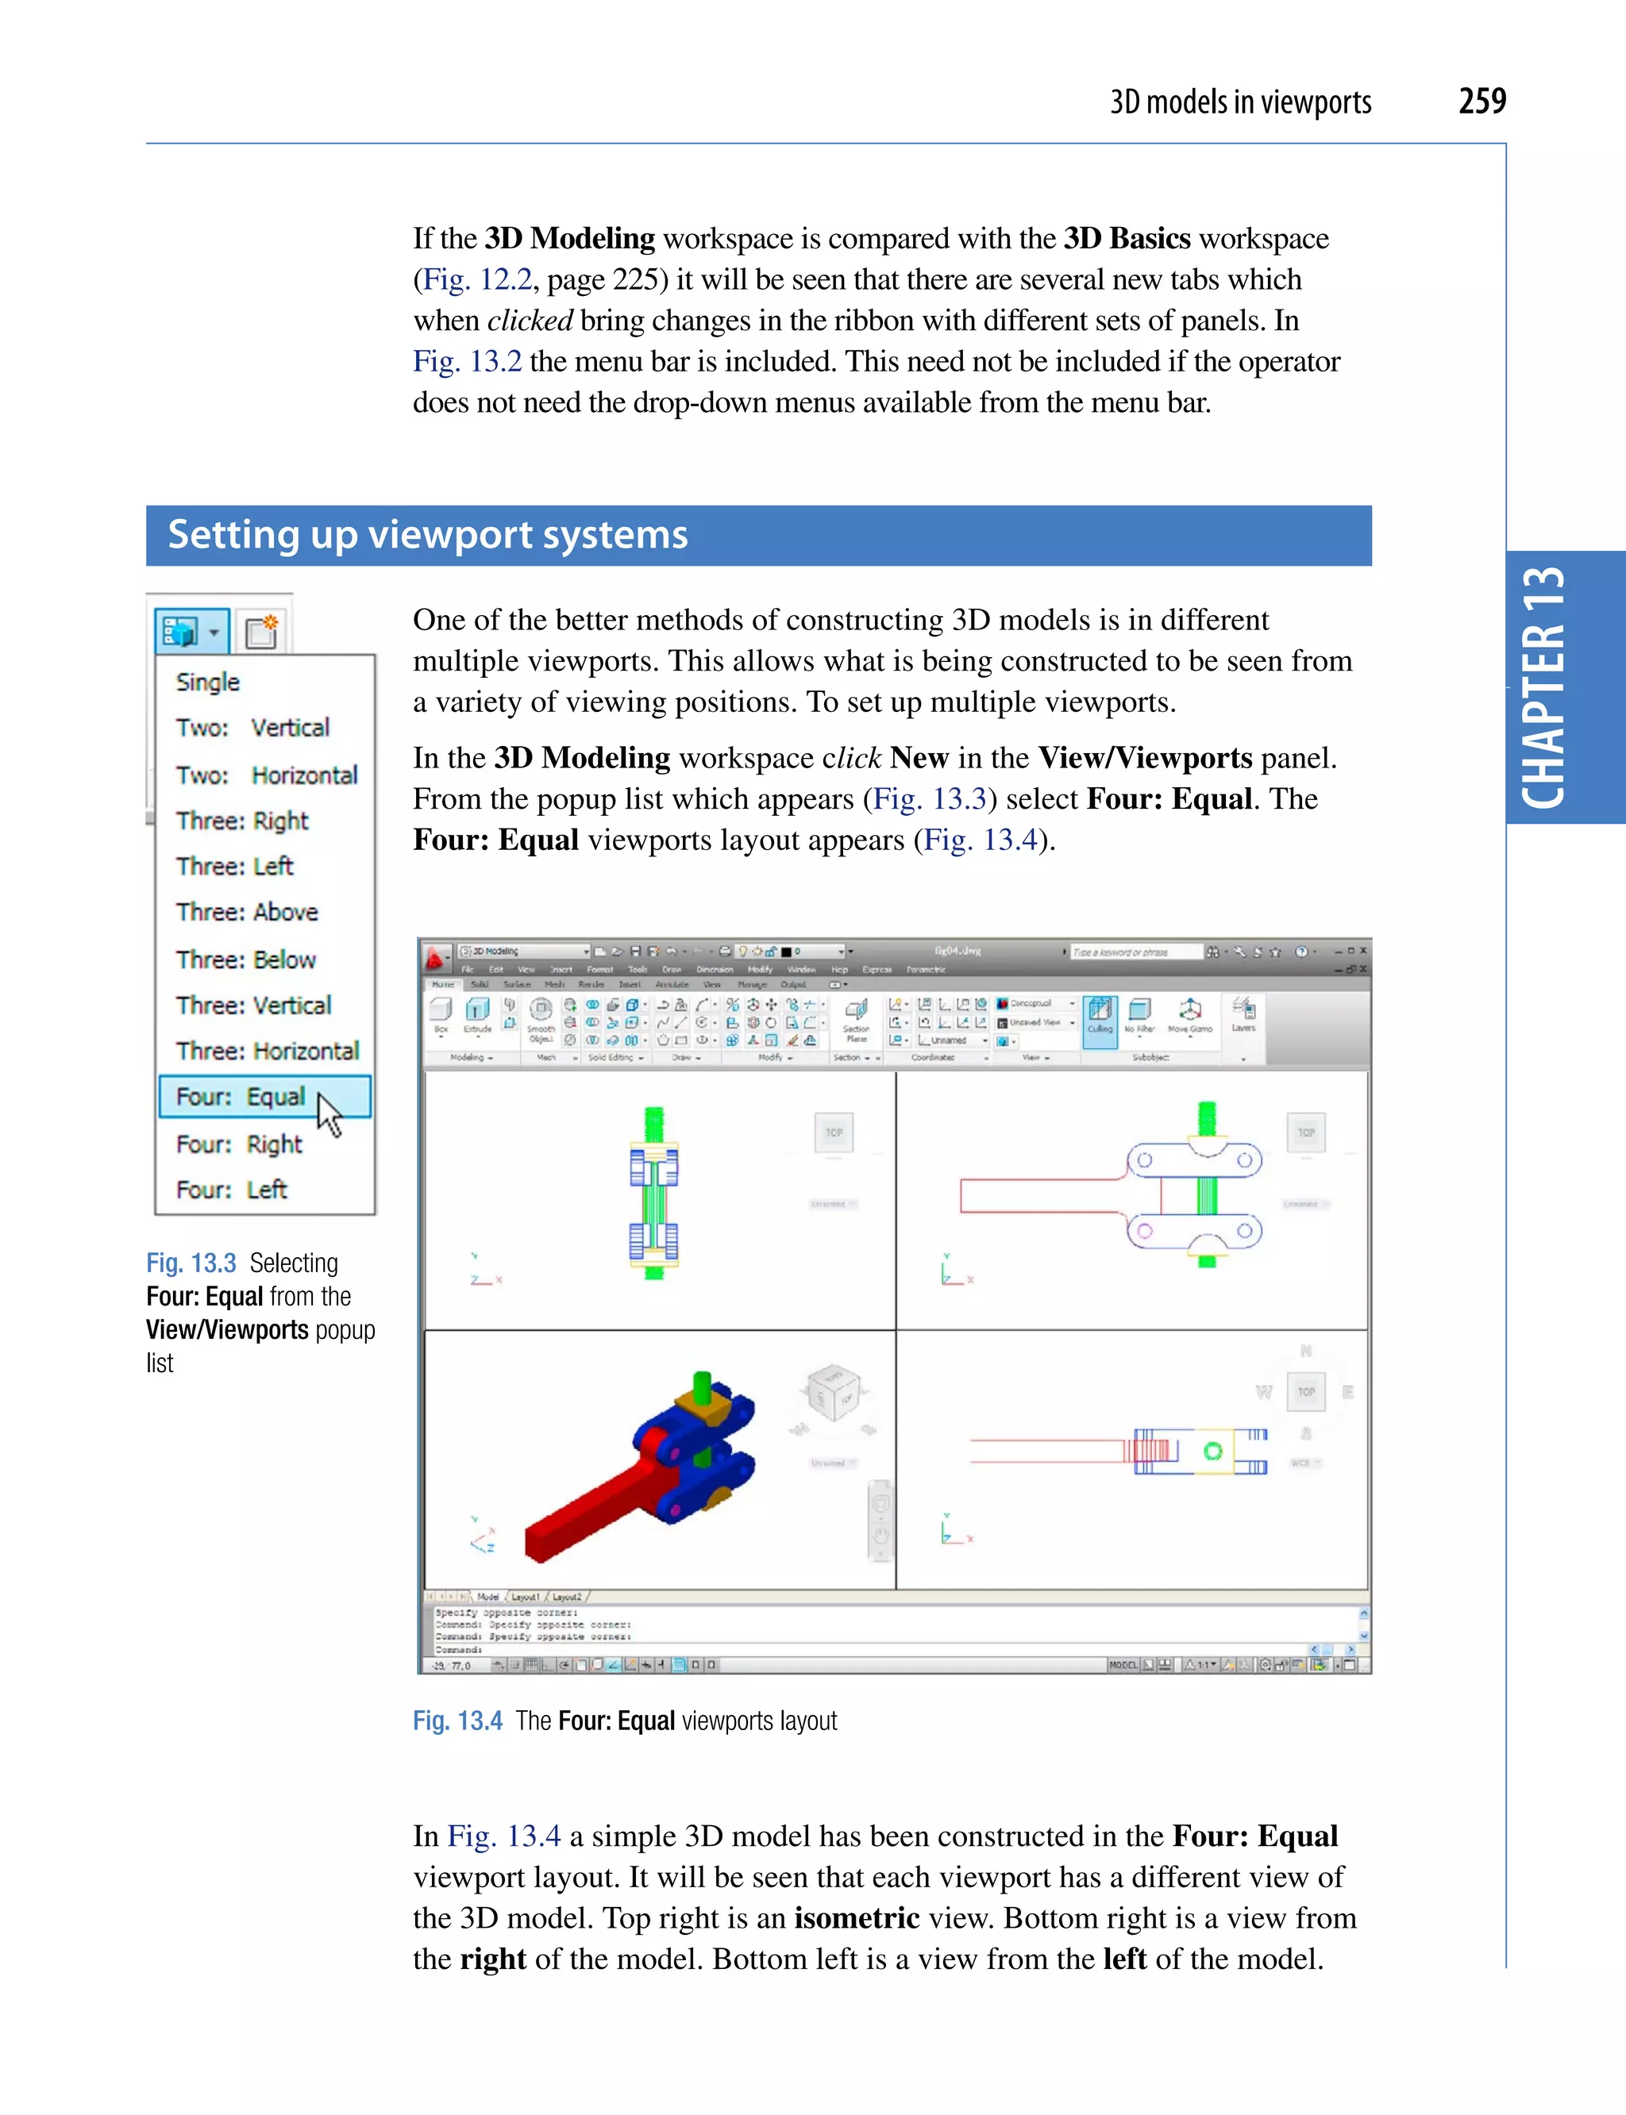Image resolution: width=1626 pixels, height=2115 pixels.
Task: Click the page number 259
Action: click(x=1481, y=101)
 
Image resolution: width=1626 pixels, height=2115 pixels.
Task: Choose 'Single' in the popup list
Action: click(x=207, y=682)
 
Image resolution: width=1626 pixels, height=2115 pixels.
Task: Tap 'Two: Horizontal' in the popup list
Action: click(x=265, y=775)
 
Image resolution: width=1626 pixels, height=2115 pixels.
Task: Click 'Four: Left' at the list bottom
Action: click(x=230, y=1189)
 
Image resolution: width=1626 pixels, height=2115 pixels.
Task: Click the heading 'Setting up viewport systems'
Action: click(x=428, y=535)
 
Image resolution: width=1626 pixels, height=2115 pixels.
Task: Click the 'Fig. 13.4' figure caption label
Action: click(x=457, y=1721)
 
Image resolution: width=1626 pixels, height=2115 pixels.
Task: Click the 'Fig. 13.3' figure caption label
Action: click(x=191, y=1263)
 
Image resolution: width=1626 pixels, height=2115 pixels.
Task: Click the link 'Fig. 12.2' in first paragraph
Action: click(x=478, y=279)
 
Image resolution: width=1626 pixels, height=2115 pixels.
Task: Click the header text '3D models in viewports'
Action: click(x=1240, y=102)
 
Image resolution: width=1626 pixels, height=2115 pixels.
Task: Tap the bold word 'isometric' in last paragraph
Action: click(x=856, y=1917)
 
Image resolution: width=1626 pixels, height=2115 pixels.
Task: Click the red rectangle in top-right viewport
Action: click(x=1035, y=1196)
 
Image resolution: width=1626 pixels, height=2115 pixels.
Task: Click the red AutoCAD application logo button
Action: click(x=436, y=959)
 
